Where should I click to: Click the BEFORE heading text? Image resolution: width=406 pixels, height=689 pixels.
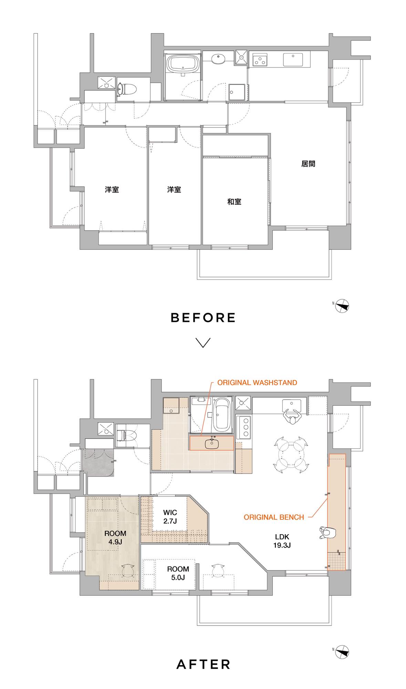tap(203, 318)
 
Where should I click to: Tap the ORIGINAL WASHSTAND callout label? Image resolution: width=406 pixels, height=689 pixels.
tap(257, 383)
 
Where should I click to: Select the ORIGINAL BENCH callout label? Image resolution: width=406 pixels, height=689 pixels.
tap(274, 517)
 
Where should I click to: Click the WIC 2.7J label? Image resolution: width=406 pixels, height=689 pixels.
tap(170, 517)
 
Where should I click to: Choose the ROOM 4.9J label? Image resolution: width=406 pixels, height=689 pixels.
tap(115, 537)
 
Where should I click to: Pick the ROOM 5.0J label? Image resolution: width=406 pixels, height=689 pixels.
tap(178, 573)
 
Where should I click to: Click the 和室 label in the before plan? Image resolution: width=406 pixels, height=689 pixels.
tap(234, 202)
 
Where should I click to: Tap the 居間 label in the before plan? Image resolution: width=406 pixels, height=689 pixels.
tap(308, 164)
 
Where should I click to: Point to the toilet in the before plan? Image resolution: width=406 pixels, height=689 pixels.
tap(127, 89)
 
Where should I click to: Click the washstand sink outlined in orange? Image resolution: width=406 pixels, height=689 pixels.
tap(212, 443)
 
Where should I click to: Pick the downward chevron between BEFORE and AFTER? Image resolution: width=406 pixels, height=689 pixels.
tap(203, 342)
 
